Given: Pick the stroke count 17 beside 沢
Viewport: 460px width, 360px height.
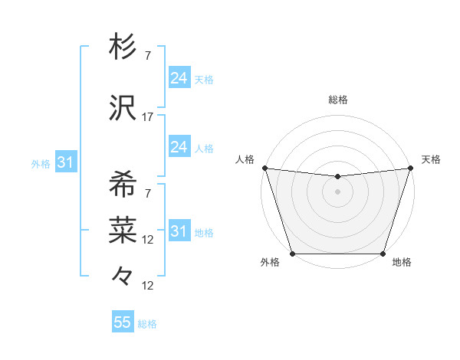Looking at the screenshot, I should click(x=148, y=116).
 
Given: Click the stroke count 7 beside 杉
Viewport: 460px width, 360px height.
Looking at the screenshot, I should click(x=148, y=56).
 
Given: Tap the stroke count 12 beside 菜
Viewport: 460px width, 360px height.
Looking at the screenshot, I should click(x=148, y=239).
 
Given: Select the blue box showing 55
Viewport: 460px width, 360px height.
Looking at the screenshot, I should click(x=123, y=322).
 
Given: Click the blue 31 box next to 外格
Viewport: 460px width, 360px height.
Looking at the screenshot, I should click(x=64, y=162).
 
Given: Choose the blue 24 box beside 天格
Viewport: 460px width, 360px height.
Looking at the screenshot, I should click(x=179, y=78).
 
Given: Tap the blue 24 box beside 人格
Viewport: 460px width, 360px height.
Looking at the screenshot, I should click(x=179, y=147).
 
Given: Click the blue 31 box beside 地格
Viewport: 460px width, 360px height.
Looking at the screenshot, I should click(x=179, y=231).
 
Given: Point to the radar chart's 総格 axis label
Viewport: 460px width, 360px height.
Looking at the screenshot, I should click(x=337, y=100).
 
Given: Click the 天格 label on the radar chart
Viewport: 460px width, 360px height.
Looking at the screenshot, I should click(x=431, y=159).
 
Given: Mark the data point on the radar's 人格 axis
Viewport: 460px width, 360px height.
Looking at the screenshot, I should click(x=264, y=168).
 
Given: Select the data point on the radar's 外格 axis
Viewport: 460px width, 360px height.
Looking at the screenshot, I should click(x=292, y=254).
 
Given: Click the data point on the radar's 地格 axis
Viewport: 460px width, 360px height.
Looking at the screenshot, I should click(x=383, y=254).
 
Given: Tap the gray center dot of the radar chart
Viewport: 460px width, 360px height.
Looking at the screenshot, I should click(x=337, y=191).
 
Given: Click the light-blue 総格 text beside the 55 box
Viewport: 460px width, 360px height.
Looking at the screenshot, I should click(x=147, y=324).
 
